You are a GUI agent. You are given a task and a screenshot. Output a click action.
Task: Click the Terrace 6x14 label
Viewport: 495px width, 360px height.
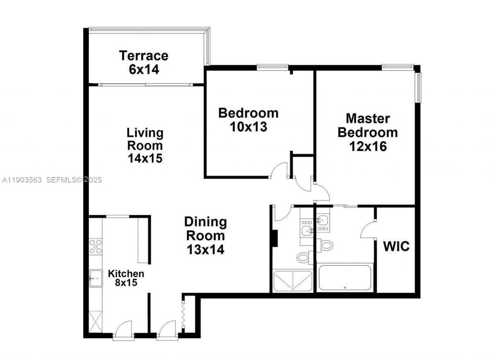[143, 62]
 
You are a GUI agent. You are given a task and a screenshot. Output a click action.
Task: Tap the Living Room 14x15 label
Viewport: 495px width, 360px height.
[145, 145]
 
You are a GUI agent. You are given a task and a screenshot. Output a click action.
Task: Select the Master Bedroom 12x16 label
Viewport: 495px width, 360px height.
[367, 132]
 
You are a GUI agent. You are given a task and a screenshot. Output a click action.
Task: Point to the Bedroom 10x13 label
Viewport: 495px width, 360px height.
[248, 120]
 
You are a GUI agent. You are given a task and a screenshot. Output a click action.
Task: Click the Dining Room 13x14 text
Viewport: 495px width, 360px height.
[205, 236]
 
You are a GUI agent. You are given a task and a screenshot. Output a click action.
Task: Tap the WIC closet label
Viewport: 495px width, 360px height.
[396, 246]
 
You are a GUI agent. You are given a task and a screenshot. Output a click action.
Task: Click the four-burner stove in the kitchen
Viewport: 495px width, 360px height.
[96, 247]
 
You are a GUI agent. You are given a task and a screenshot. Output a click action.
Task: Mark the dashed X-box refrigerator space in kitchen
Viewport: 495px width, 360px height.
[96, 321]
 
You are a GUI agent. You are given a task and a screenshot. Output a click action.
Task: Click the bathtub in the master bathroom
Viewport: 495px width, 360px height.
[345, 277]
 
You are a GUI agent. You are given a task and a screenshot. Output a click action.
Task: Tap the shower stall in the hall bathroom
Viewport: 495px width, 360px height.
[292, 281]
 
